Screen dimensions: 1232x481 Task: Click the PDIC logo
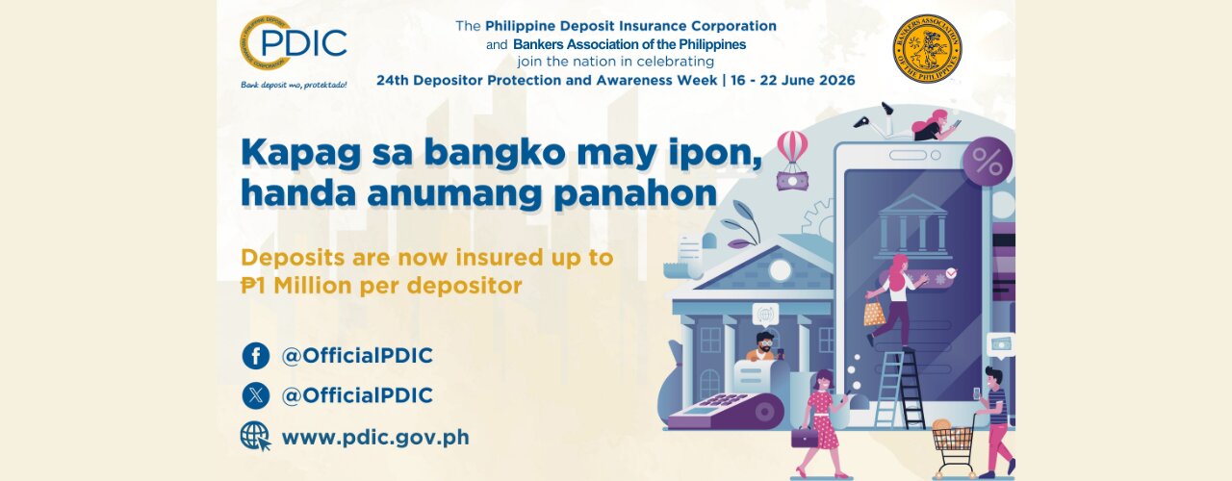294,43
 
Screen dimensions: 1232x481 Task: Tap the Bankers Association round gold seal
927,48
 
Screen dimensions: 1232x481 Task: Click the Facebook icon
256,356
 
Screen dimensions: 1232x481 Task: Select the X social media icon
256,395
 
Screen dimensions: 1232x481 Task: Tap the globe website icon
256,437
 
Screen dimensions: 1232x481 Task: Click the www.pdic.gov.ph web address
375,438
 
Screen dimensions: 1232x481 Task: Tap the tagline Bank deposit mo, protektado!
294,85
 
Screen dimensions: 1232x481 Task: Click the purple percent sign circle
988,163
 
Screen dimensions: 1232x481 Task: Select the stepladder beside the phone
900,389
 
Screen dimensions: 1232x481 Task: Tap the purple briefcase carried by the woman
804,438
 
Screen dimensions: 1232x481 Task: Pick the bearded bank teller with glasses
761,346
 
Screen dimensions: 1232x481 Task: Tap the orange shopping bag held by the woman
874,314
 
